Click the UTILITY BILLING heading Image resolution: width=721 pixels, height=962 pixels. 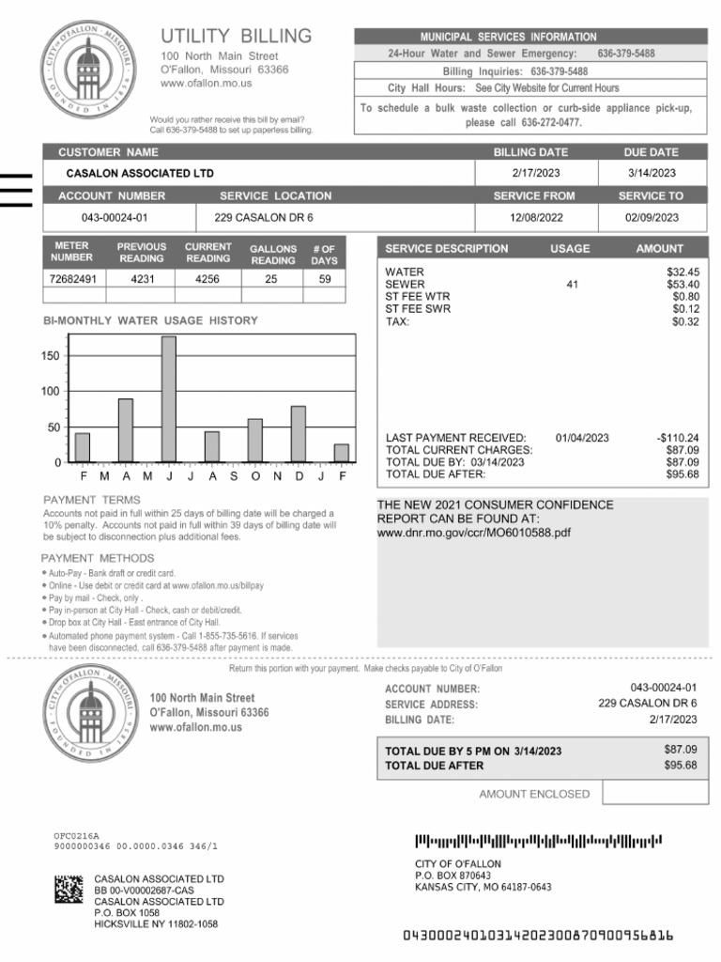pyautogui.click(x=236, y=37)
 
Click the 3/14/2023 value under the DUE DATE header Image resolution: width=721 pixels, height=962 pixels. pyautogui.click(x=652, y=173)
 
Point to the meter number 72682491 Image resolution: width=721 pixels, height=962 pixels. pyautogui.click(x=72, y=279)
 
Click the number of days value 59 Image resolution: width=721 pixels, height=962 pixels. pyautogui.click(x=324, y=279)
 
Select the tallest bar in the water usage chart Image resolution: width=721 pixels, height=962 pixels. pyautogui.click(x=168, y=399)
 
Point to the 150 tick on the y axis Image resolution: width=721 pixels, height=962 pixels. pyautogui.click(x=50, y=356)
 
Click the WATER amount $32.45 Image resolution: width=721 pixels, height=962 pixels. pyautogui.click(x=682, y=272)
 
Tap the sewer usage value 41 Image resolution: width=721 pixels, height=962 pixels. pyautogui.click(x=572, y=284)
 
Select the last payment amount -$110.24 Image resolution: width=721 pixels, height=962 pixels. pyautogui.click(x=677, y=438)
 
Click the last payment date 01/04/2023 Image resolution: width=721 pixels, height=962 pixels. pyautogui.click(x=582, y=438)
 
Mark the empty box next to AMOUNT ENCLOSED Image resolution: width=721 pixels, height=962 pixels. pyautogui.click(x=655, y=793)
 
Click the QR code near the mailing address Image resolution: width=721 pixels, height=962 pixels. pyautogui.click(x=69, y=889)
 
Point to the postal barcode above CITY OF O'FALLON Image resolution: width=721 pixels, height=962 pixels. pyautogui.click(x=539, y=841)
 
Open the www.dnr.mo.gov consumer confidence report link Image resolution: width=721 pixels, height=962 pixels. pyautogui.click(x=473, y=533)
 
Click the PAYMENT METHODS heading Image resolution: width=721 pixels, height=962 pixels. pyautogui.click(x=98, y=558)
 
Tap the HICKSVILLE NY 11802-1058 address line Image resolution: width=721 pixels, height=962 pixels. pyautogui.click(x=156, y=923)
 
